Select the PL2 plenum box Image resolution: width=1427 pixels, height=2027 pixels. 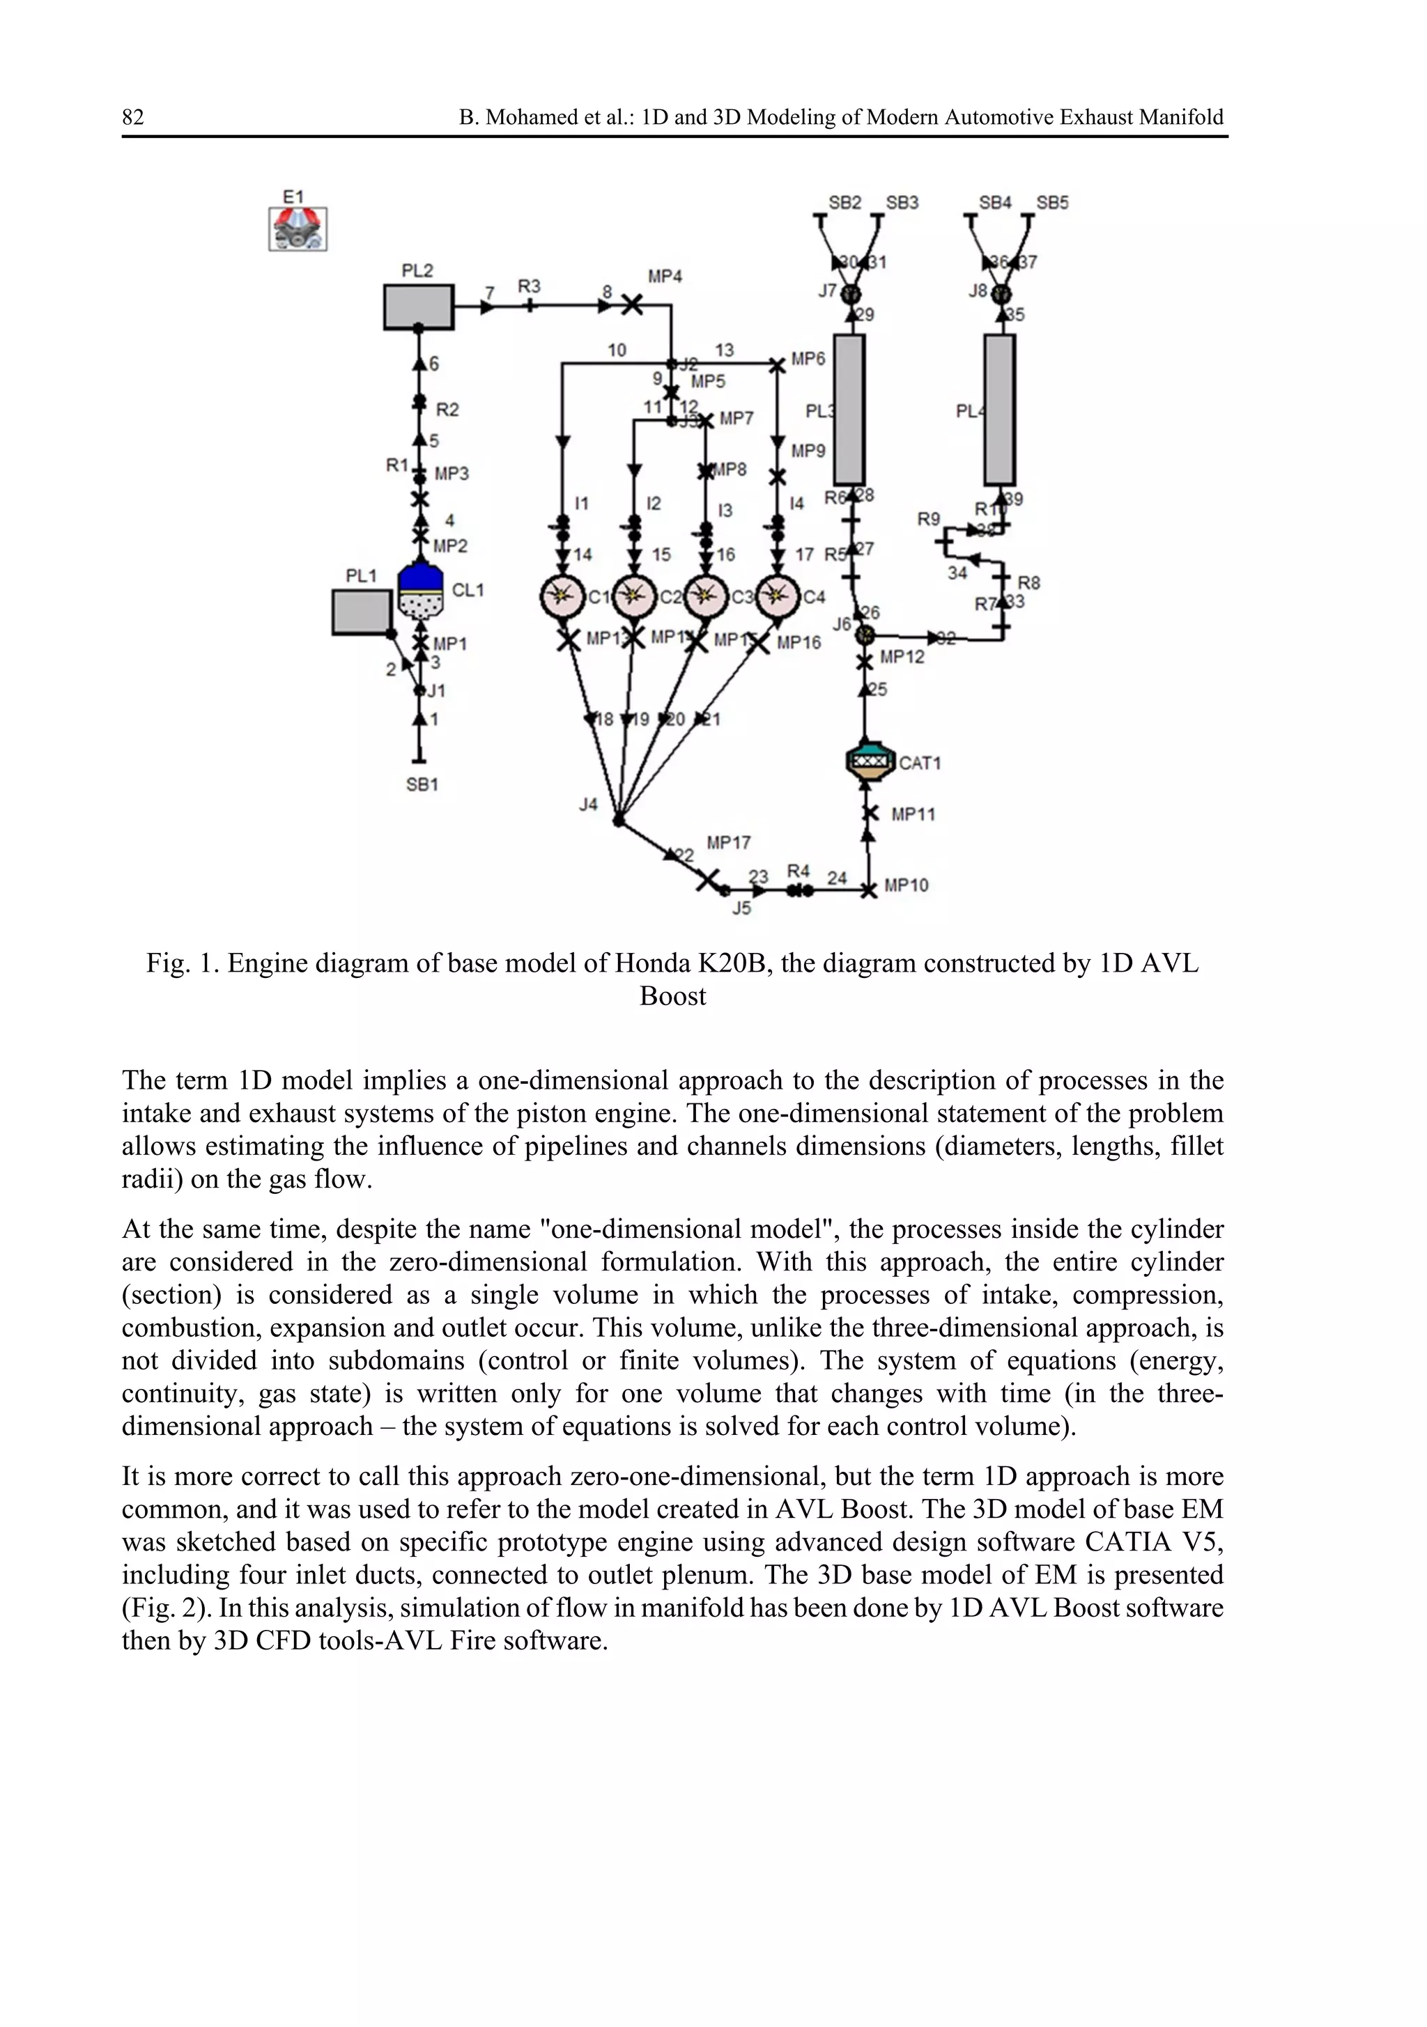pos(419,306)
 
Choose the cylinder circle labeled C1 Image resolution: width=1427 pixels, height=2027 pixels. pos(562,597)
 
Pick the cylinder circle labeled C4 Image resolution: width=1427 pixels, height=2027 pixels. pos(777,597)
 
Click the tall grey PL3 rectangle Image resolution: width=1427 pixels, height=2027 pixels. pos(849,410)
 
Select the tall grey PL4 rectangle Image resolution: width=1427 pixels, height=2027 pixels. pos(1000,410)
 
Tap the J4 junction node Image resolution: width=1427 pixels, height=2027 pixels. pos(619,821)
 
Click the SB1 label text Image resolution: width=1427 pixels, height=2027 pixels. pos(422,784)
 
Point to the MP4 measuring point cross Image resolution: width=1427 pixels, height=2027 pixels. pos(632,306)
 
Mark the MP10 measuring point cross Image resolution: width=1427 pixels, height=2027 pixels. pos(869,890)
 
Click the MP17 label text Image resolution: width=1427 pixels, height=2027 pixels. pos(729,843)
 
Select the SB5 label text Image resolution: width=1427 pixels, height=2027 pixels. pos(1051,203)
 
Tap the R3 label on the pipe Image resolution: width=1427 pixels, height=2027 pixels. pos(529,287)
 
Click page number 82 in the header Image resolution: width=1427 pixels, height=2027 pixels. pos(133,118)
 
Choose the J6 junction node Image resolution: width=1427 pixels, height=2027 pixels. pos(867,634)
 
